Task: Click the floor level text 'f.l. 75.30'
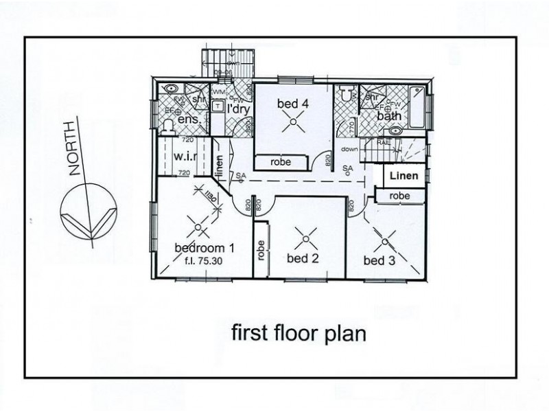[x=204, y=261]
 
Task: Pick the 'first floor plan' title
[x=299, y=334]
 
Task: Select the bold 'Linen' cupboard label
[x=404, y=176]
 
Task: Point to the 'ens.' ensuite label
[x=189, y=119]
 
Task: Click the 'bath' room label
[x=388, y=116]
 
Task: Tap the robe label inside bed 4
[x=281, y=163]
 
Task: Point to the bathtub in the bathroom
[x=417, y=107]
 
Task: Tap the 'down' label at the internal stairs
[x=349, y=149]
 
